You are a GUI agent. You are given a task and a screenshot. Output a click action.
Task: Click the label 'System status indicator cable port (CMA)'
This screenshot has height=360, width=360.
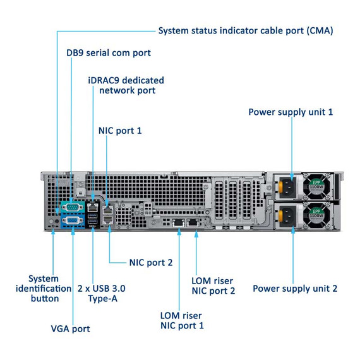pyautogui.click(x=245, y=30)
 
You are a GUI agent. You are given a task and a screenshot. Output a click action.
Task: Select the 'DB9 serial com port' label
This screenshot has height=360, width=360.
pyautogui.click(x=109, y=52)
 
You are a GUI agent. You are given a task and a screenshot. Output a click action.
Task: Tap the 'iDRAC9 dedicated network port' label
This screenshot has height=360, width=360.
pyautogui.click(x=126, y=85)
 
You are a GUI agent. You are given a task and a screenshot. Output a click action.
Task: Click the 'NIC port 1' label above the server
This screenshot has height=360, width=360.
pyautogui.click(x=120, y=130)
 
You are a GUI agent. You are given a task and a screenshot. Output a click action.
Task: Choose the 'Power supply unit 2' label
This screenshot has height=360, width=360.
pyautogui.click(x=295, y=288)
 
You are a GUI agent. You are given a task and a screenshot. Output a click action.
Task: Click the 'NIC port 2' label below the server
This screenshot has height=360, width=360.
pyautogui.click(x=151, y=261)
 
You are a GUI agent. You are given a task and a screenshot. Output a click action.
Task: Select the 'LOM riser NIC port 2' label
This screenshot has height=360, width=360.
pyautogui.click(x=213, y=285)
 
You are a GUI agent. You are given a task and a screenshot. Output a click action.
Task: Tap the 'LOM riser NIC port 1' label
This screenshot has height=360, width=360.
pyautogui.click(x=182, y=320)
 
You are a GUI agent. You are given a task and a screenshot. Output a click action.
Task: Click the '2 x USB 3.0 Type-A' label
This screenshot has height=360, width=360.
pyautogui.click(x=101, y=293)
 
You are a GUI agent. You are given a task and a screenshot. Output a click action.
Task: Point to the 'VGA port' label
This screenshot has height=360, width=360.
pyautogui.click(x=70, y=328)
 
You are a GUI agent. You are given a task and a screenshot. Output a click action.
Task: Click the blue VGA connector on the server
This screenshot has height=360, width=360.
pyautogui.click(x=73, y=220)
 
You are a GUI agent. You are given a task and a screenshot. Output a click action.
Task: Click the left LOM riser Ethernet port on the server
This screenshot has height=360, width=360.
pyautogui.click(x=179, y=222)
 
